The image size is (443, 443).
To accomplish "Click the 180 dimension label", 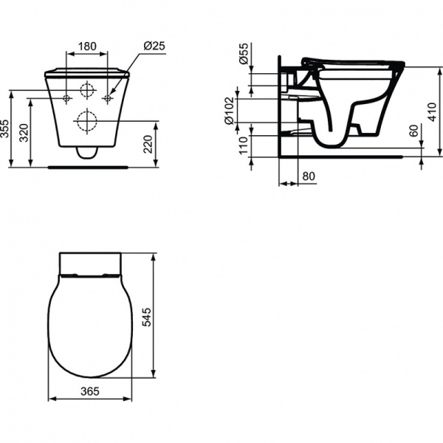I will point(87,46).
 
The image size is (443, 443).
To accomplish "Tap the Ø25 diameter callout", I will point(154,46).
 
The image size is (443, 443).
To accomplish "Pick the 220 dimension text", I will point(148,142).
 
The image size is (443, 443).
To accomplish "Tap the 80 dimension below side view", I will point(309,177).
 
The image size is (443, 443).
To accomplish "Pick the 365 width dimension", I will point(89,391).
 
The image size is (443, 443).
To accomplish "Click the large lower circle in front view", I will point(87,119).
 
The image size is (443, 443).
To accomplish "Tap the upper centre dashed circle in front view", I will point(87,92).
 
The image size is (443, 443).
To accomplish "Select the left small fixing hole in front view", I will point(66,97).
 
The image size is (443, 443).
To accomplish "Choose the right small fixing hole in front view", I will point(108,97).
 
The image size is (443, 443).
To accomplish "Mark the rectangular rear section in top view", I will point(89,263).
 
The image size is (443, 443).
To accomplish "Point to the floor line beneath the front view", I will point(87,166).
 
